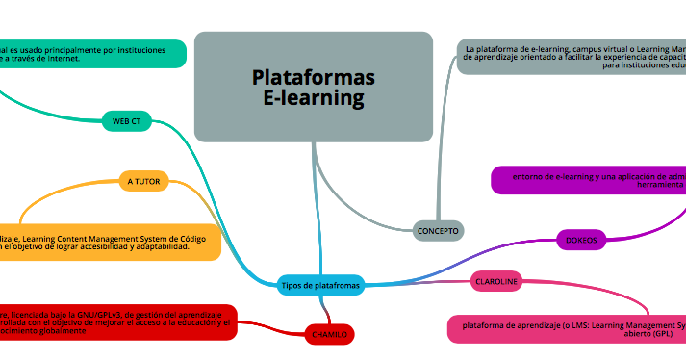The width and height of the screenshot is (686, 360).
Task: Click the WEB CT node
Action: pyautogui.click(x=126, y=121)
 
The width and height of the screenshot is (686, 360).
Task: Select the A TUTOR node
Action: pyautogui.click(x=143, y=180)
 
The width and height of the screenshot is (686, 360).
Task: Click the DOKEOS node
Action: pyautogui.click(x=581, y=240)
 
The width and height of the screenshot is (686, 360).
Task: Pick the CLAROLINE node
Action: pyautogui.click(x=496, y=282)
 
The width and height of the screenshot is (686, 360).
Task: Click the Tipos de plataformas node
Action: pyautogui.click(x=320, y=285)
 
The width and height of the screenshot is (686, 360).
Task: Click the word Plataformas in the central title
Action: pyautogui.click(x=314, y=77)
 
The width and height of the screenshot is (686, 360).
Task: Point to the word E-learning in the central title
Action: pyautogui.click(x=314, y=98)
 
